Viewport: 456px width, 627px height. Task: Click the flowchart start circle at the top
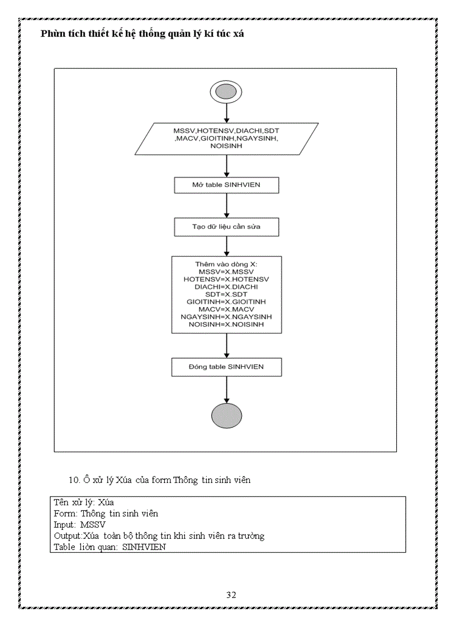[x=226, y=92]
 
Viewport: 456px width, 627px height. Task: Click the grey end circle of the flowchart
[x=226, y=416]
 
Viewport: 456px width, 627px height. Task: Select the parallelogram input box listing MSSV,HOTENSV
[x=226, y=138]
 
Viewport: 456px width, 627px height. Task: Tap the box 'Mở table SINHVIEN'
[x=226, y=185]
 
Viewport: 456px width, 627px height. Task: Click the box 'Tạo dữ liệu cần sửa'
[x=226, y=227]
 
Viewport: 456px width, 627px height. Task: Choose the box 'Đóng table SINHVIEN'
[x=226, y=367]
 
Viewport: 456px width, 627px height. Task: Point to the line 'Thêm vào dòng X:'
[x=226, y=264]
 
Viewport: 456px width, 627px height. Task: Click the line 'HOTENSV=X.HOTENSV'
[x=226, y=279]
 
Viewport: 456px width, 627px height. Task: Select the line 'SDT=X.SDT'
[x=226, y=294]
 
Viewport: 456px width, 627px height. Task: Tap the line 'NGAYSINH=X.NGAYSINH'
[x=226, y=317]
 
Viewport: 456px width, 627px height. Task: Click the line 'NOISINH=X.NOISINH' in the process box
[x=226, y=324]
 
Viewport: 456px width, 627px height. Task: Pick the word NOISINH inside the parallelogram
[x=226, y=146]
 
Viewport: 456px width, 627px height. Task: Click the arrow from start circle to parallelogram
[x=226, y=112]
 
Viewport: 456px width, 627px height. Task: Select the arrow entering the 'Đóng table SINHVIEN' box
[x=226, y=346]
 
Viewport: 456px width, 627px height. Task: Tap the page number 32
[x=231, y=595]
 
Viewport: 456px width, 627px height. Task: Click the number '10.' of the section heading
[x=74, y=480]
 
